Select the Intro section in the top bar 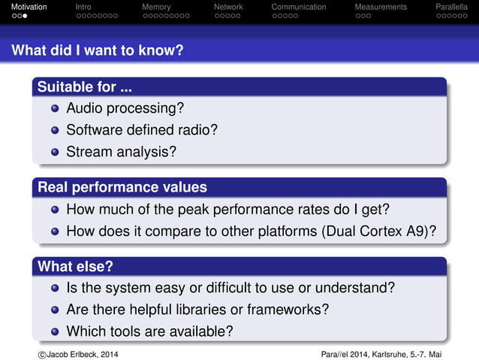click(84, 7)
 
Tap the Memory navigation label click(156, 7)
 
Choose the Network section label click(228, 7)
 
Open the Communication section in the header click(299, 7)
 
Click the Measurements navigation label click(381, 7)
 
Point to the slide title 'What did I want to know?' click(97, 51)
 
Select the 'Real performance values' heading click(122, 186)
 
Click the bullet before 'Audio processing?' click(55, 108)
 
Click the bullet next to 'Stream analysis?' click(55, 152)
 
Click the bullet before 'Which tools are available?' click(55, 331)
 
